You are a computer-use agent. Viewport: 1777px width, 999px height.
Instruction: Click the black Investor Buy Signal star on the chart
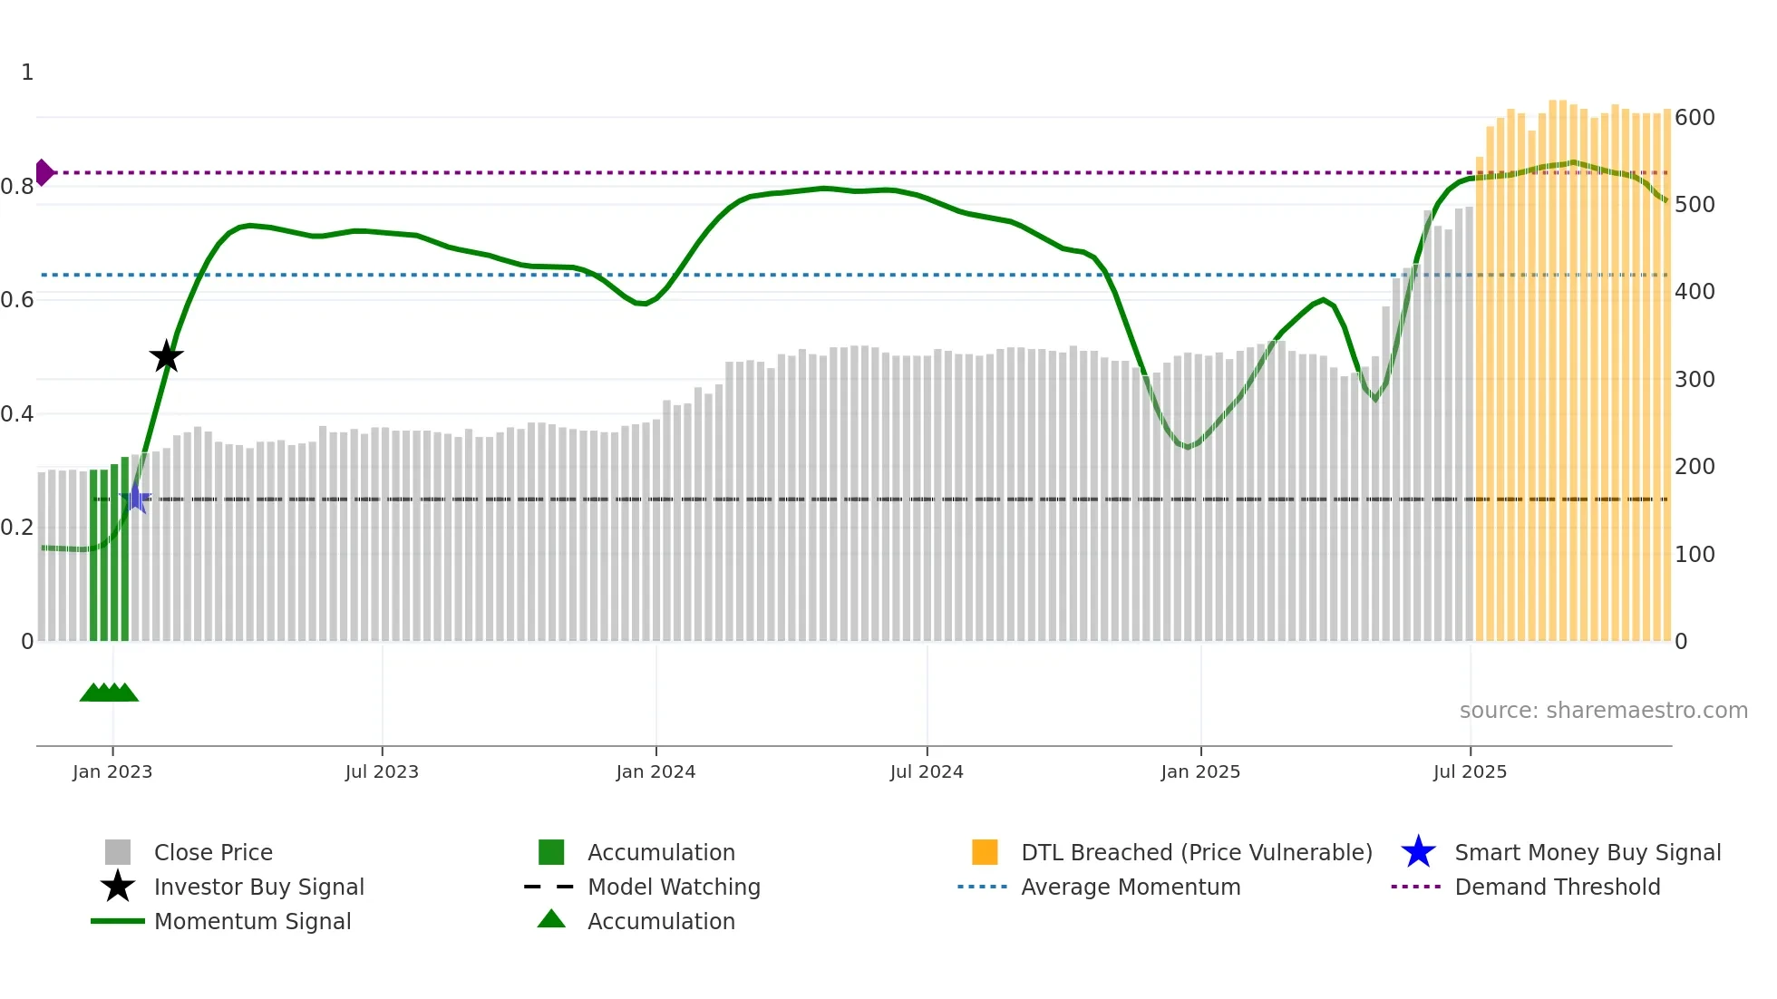point(166,356)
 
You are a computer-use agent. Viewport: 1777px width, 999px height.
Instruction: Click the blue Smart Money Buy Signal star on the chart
point(136,498)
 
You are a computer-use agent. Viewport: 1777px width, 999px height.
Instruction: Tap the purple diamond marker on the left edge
point(44,172)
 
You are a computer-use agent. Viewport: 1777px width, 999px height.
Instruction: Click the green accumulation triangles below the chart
point(109,693)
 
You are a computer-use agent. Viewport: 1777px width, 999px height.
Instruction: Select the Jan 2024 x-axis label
point(655,771)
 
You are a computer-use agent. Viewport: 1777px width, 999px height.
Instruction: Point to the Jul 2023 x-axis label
point(382,771)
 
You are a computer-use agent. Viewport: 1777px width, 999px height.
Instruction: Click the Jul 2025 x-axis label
point(1470,771)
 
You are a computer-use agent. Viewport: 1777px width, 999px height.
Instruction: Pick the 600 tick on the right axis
point(1694,118)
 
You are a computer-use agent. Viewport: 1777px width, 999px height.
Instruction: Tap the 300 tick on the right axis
point(1694,380)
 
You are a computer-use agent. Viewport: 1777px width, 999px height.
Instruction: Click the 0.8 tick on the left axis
point(17,187)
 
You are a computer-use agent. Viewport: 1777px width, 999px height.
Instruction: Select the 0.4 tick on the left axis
point(17,414)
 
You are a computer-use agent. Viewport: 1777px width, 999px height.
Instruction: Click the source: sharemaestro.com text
point(1603,711)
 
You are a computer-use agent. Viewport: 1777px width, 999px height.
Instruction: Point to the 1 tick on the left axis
point(27,73)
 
